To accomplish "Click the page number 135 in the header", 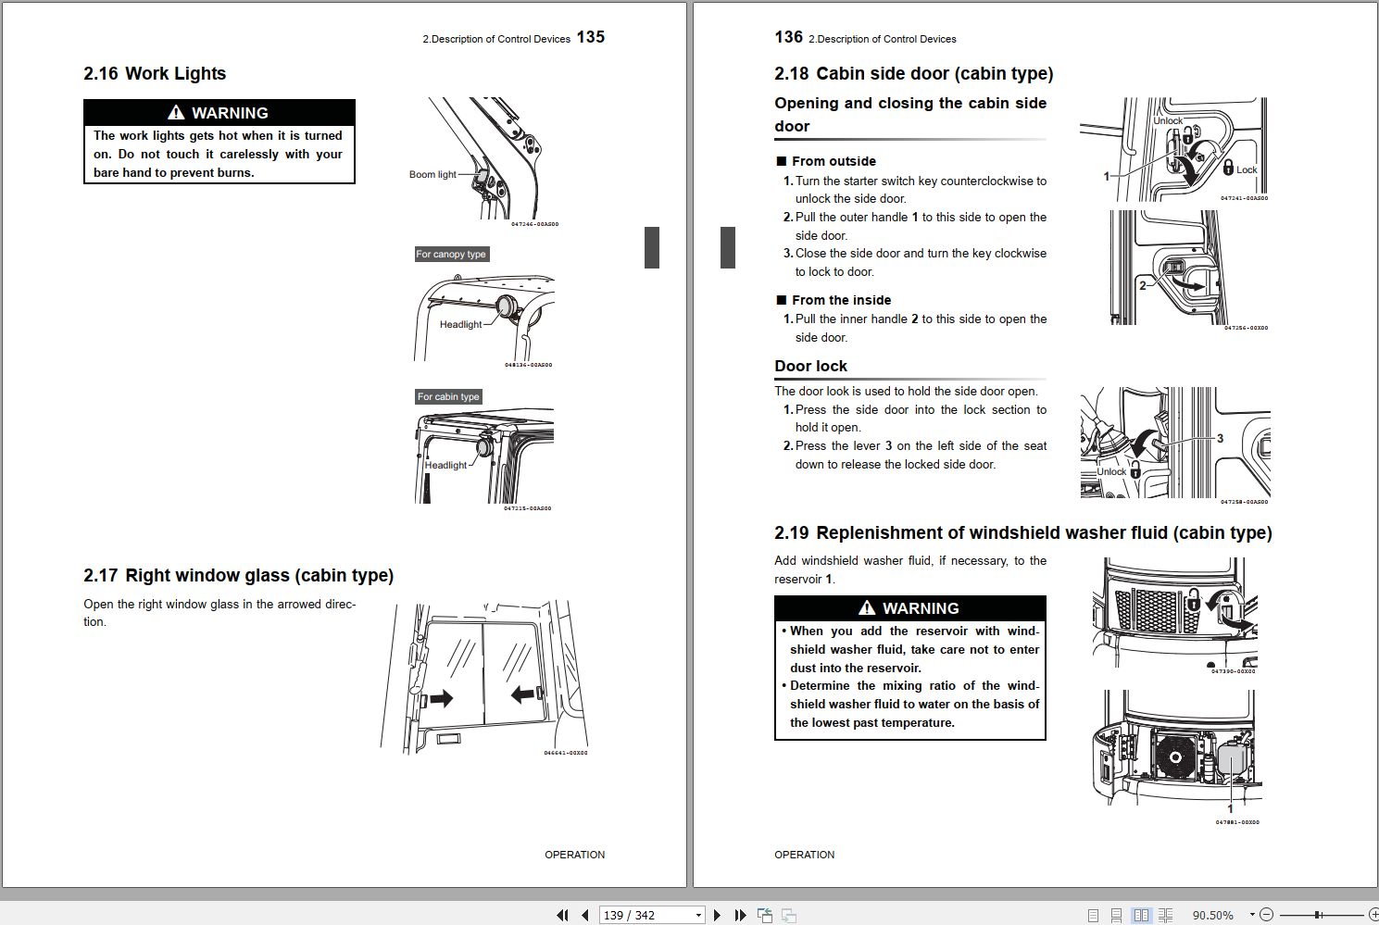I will coord(590,37).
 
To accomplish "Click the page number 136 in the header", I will coord(788,37).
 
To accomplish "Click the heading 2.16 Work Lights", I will coord(155,74).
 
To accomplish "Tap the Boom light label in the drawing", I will coord(433,174).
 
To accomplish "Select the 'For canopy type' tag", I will coord(451,254).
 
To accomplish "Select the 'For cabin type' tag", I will coord(448,396).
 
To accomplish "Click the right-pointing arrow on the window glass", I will coord(440,698).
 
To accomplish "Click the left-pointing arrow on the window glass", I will coord(524,693).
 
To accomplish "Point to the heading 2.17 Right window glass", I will coord(238,576).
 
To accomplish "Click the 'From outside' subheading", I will coord(833,161).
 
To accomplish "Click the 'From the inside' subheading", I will coord(840,300).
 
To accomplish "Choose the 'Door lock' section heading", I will coord(810,367).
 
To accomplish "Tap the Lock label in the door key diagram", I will coord(1247,169).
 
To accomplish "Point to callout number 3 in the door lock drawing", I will coord(1220,438).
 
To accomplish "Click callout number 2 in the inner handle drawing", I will coord(1142,285).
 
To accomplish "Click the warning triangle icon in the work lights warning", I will coord(176,113).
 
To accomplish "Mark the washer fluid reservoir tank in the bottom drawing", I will coord(1231,759).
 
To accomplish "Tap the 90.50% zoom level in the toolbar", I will coord(1212,915).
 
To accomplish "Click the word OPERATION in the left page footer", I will coord(574,855).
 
